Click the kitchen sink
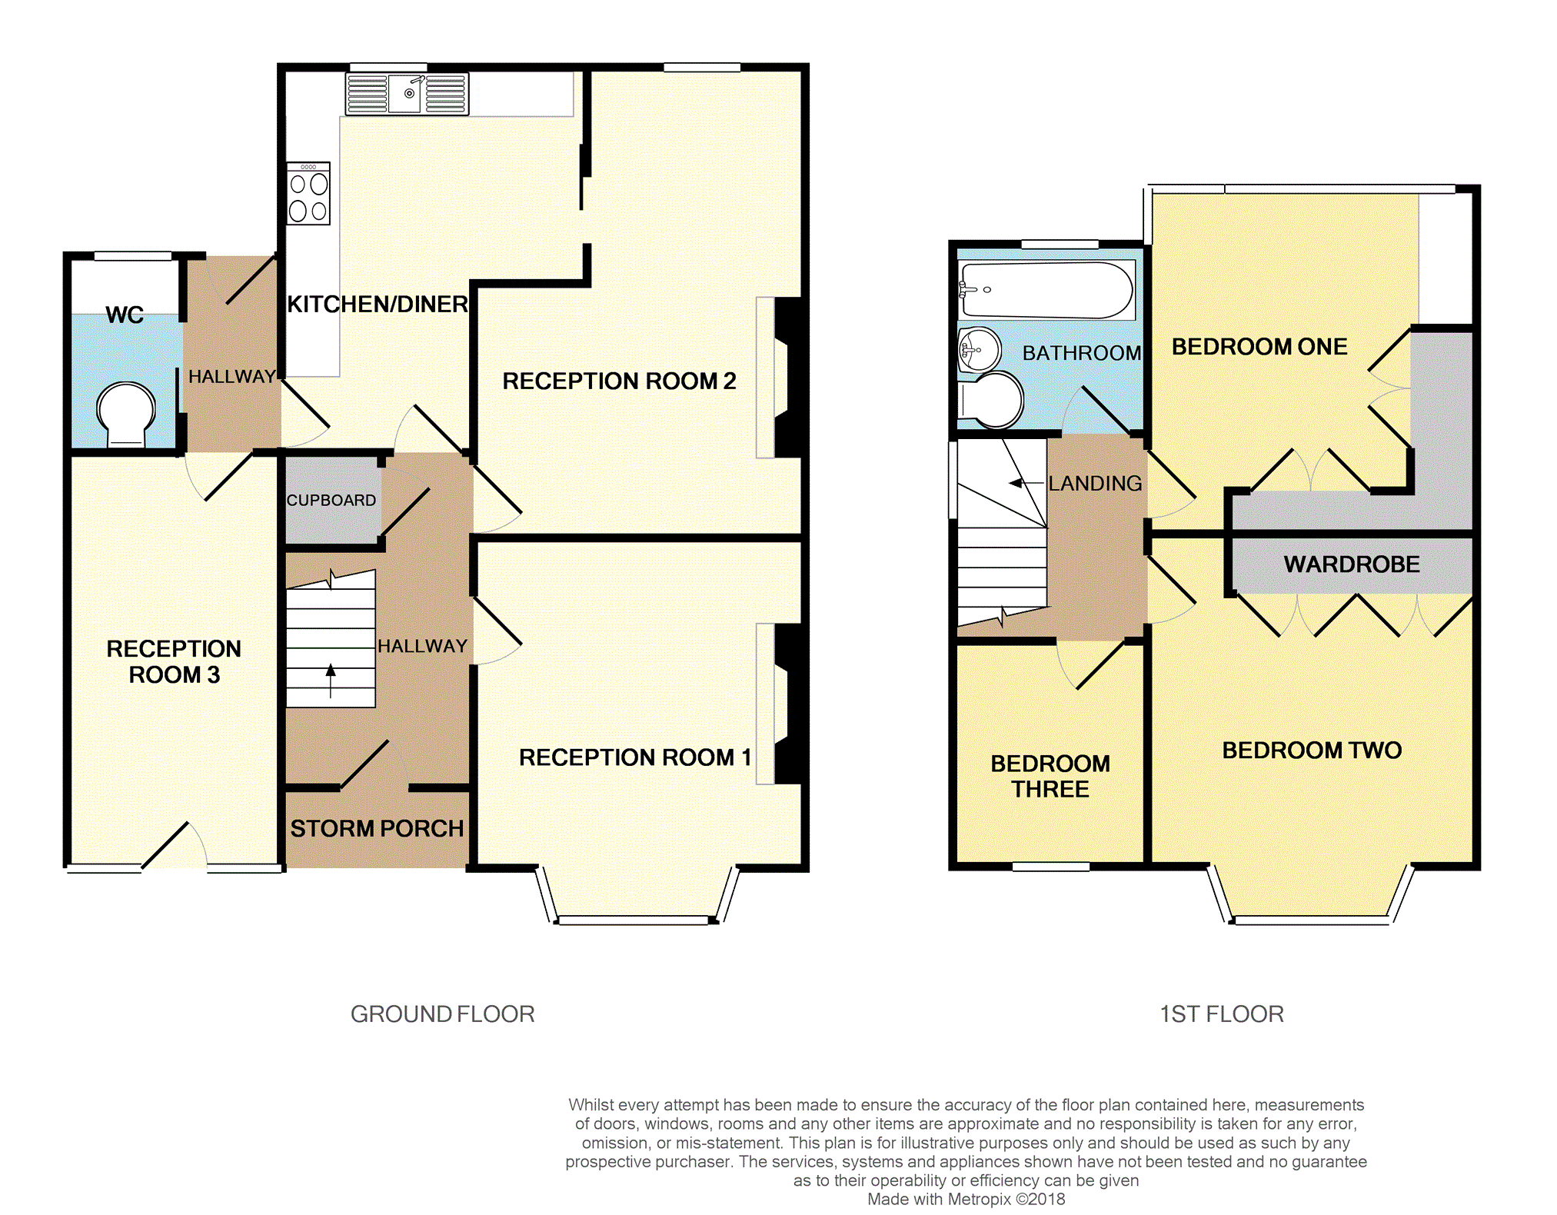tap(407, 94)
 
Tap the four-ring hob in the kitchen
tap(308, 193)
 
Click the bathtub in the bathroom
tap(1046, 290)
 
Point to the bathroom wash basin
tap(980, 350)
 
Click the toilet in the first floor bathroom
tap(991, 400)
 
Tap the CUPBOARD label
tap(331, 501)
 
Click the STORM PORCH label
tap(377, 828)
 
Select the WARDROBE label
tap(1352, 564)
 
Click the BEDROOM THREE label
tap(1050, 776)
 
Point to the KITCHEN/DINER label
tap(378, 305)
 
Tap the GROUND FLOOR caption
tap(442, 1014)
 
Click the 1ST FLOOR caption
tap(1222, 1014)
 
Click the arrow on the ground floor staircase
tap(331, 681)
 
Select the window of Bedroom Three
tap(1050, 867)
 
